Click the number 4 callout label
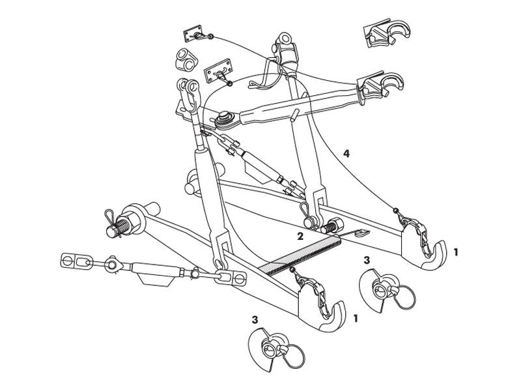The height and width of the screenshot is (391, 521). (346, 154)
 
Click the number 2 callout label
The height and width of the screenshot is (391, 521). (300, 235)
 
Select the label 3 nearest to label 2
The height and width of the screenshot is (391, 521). (367, 260)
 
